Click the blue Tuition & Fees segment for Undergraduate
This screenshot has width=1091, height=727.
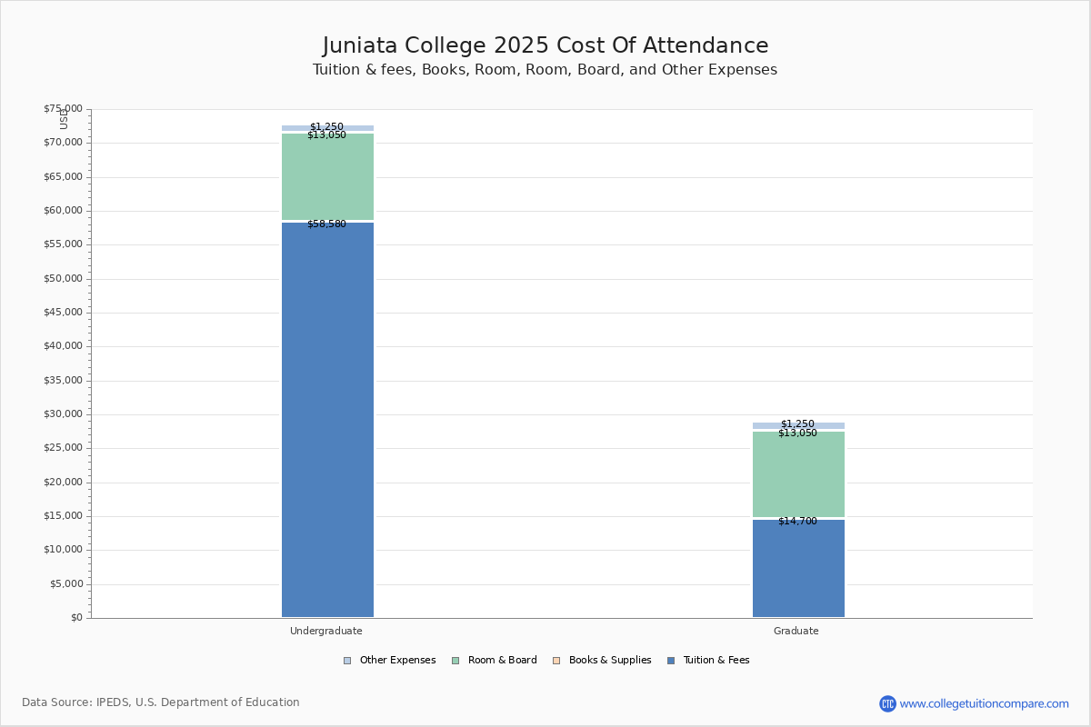click(x=327, y=418)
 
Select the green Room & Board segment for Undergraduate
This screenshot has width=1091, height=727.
click(x=327, y=177)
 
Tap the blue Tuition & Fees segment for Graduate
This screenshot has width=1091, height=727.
click(x=798, y=568)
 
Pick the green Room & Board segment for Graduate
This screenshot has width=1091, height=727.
click(x=798, y=474)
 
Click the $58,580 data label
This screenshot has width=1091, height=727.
click(x=326, y=224)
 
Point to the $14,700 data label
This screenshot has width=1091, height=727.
click(x=797, y=522)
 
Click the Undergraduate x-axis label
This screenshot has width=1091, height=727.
click(x=326, y=631)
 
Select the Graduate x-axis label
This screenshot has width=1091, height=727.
click(x=796, y=631)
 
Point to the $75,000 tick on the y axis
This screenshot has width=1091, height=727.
click(x=63, y=109)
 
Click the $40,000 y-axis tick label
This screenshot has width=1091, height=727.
click(x=63, y=346)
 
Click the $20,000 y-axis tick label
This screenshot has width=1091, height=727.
click(x=63, y=483)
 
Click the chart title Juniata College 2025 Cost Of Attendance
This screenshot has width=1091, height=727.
click(x=545, y=46)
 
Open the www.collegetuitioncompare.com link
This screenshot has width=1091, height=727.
click(x=984, y=703)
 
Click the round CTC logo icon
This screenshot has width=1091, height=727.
click(x=887, y=703)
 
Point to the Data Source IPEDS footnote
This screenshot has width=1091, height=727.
click(x=161, y=702)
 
